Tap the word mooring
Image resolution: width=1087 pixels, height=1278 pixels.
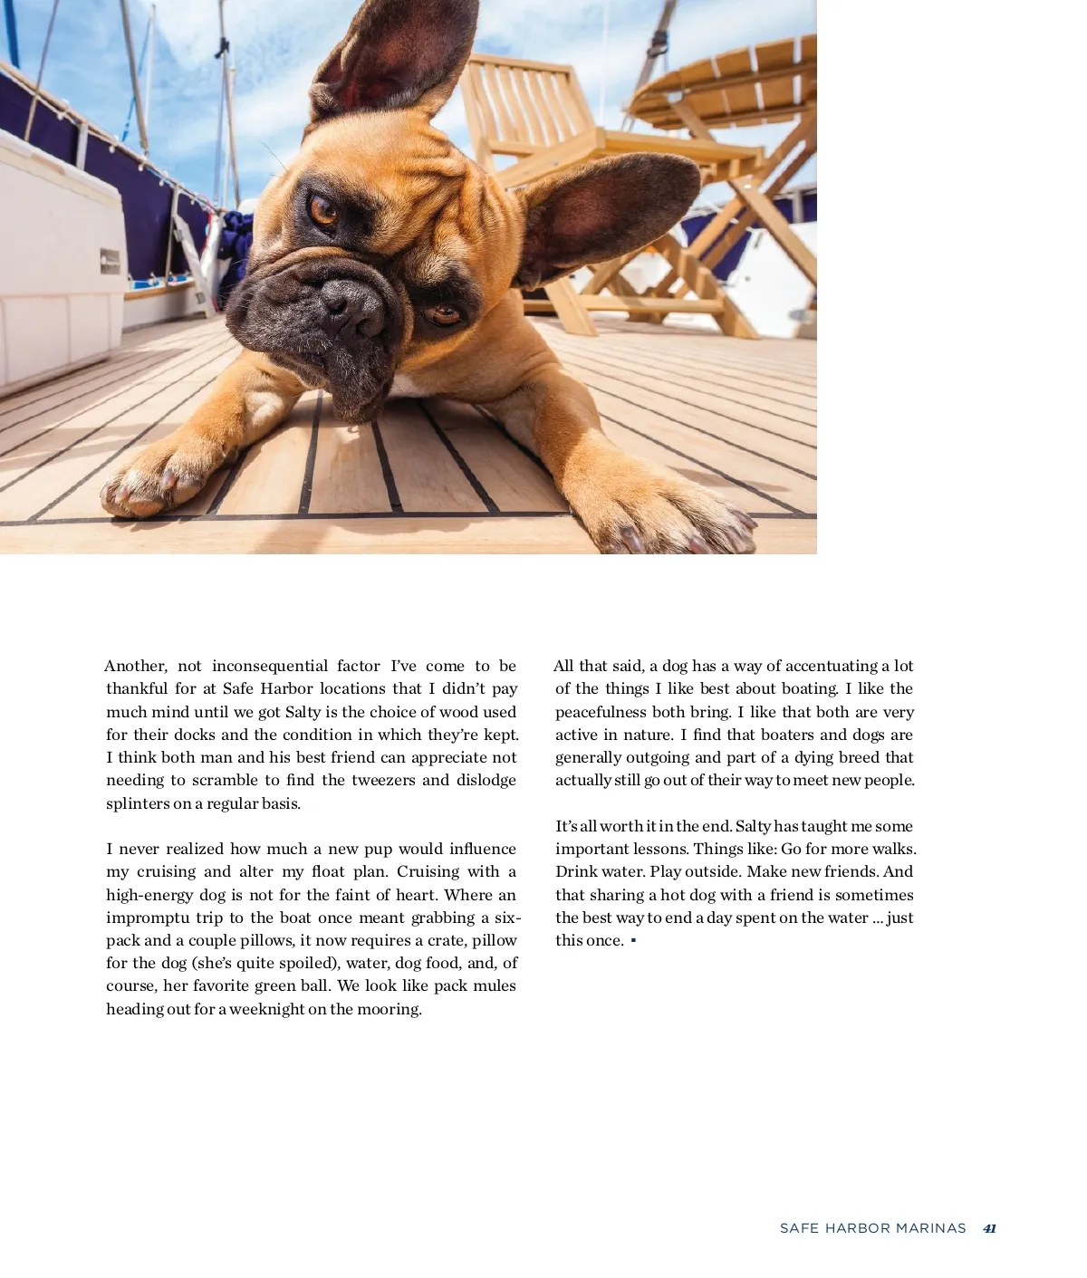click(389, 1010)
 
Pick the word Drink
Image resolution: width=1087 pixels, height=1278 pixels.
click(576, 872)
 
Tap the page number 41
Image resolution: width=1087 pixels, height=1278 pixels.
click(989, 1229)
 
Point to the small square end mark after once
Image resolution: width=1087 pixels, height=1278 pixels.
click(633, 941)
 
